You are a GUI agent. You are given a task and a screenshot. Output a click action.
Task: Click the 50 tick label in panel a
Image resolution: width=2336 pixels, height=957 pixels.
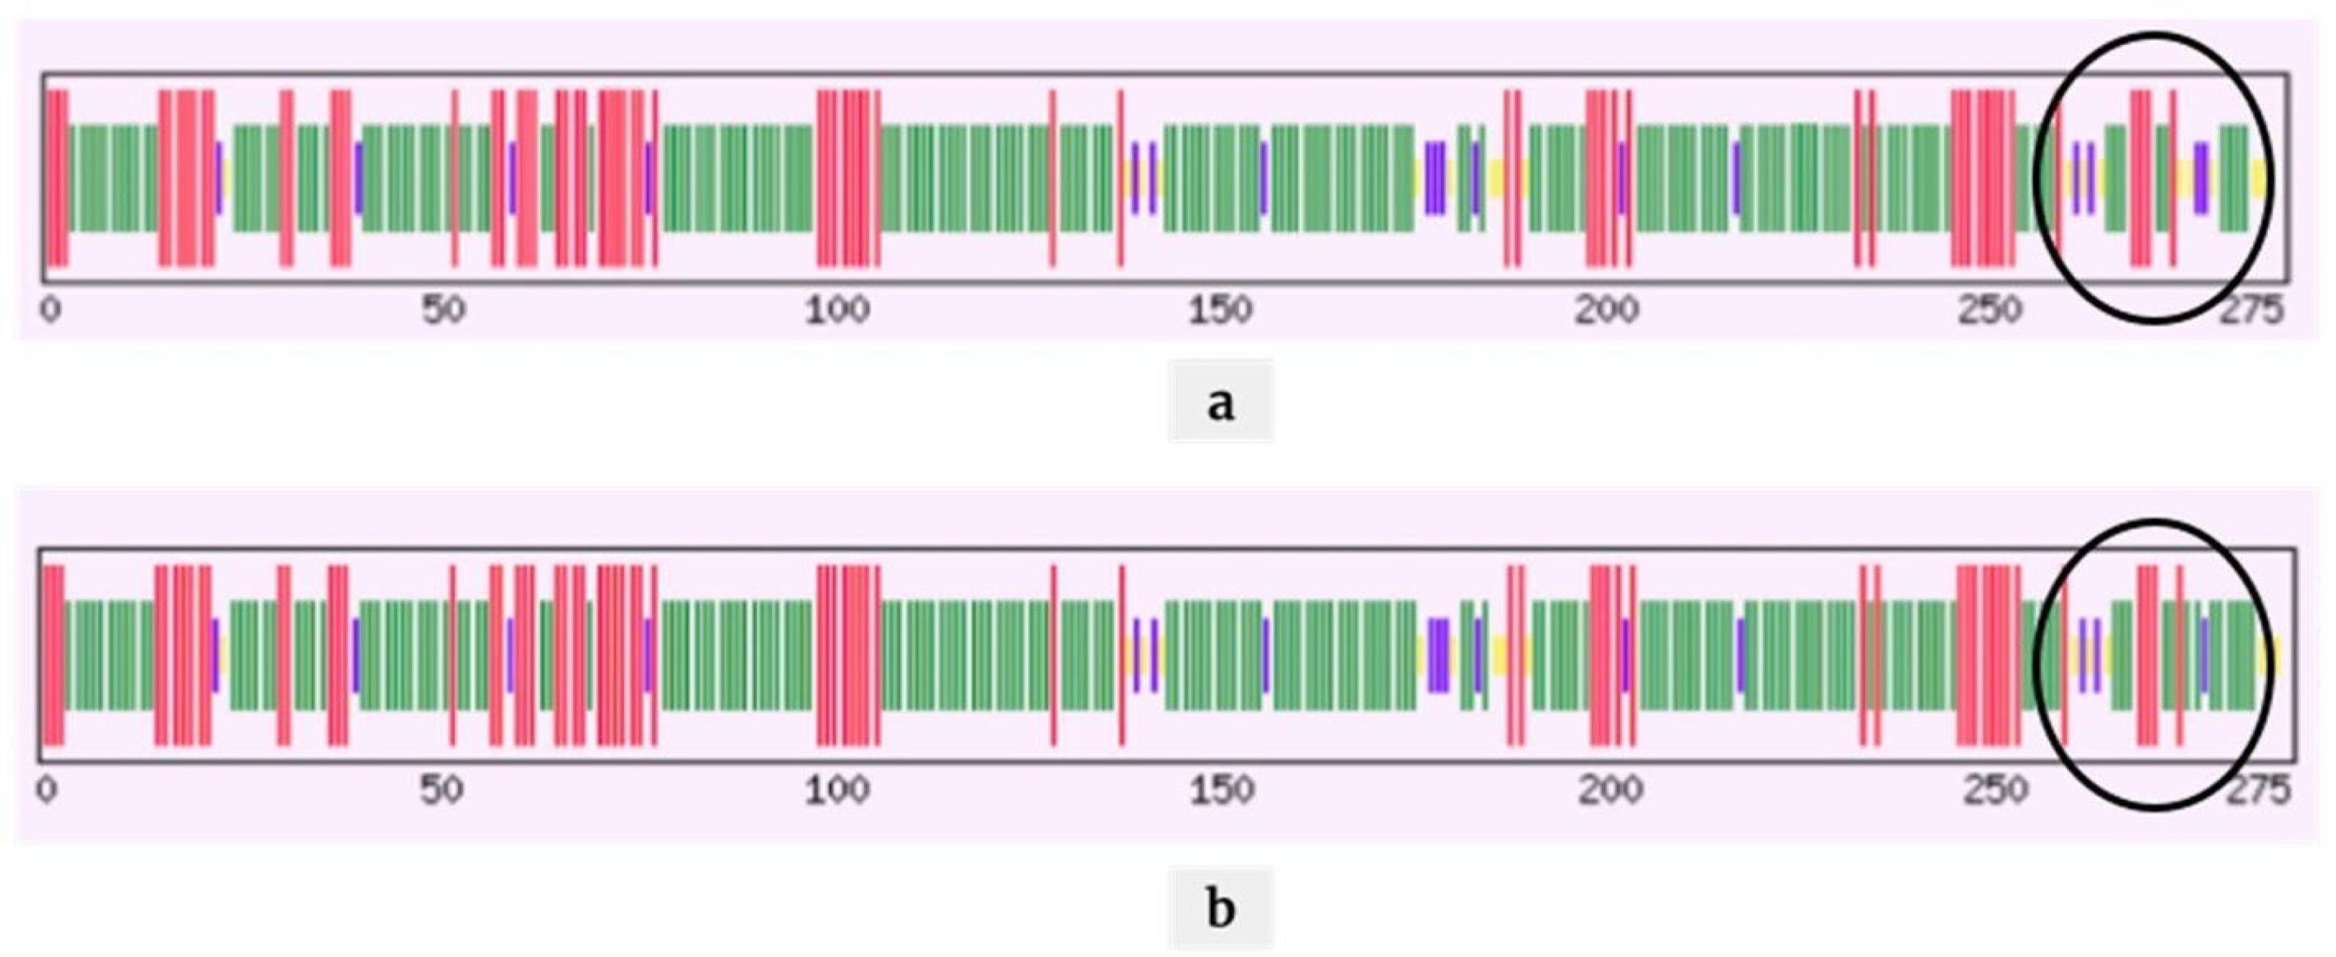pos(443,310)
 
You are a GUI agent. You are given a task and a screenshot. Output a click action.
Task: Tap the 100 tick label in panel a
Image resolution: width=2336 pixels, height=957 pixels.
pos(837,310)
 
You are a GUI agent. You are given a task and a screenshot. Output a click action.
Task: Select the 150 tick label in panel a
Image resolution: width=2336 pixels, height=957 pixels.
pos(1221,310)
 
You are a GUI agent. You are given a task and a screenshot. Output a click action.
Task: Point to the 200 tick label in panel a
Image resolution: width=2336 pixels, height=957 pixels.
pos(1606,310)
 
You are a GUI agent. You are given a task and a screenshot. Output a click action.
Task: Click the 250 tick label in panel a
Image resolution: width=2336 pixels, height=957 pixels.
pos(1989,310)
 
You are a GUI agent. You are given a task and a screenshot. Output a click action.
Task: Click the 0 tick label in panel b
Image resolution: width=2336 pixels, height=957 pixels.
pos(47,788)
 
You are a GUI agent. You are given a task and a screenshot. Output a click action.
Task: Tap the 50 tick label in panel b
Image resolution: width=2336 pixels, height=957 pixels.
pos(442,788)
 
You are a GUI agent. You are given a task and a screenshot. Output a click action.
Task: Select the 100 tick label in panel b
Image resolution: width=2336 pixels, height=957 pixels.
pos(837,788)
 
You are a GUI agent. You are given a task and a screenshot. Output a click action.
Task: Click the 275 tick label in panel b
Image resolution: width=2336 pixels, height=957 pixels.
pos(2258,788)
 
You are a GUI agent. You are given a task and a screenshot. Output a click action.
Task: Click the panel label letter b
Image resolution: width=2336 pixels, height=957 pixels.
pos(1221,908)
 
